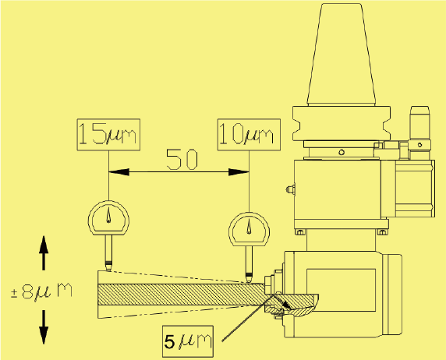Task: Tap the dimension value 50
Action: click(x=182, y=159)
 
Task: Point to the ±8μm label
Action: click(x=41, y=291)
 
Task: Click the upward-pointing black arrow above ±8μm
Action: click(x=44, y=252)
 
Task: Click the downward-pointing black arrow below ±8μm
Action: click(x=44, y=327)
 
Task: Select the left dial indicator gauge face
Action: click(x=108, y=217)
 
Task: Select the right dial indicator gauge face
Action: click(x=250, y=229)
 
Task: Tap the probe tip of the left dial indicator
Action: click(x=108, y=270)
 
